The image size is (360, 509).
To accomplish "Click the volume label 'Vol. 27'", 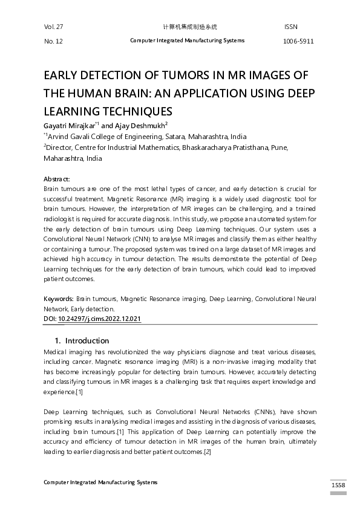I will point(53,27).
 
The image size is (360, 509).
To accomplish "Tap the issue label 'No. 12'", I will point(53,41).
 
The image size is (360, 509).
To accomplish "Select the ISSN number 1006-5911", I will point(299,41).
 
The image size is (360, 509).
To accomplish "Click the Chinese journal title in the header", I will point(190,27).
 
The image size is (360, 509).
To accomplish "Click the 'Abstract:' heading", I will point(57,180).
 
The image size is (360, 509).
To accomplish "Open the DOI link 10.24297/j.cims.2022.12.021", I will point(99,318).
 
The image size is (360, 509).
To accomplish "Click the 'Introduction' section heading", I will point(87,340).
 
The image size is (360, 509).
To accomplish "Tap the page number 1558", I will point(338,485).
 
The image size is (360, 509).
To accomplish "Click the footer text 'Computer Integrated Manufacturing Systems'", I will point(100,482).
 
